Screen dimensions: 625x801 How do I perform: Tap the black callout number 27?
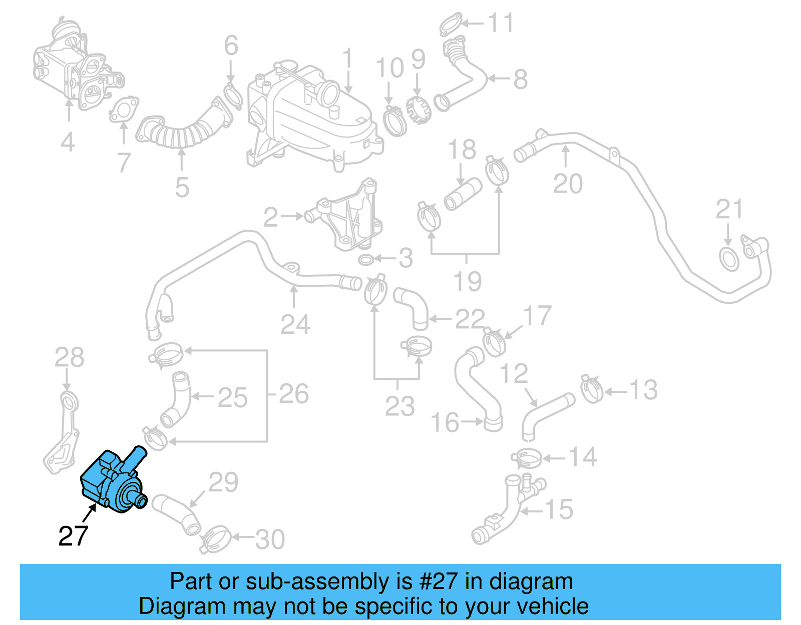(x=73, y=536)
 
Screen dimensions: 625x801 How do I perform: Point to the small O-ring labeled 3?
(x=366, y=260)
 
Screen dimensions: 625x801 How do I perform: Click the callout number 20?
(x=567, y=184)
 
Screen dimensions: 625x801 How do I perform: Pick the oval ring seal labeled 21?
(x=729, y=259)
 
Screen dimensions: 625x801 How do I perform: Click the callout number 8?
(x=521, y=79)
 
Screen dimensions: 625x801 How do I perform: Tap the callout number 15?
(x=559, y=509)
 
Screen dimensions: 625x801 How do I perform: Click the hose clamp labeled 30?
(x=215, y=539)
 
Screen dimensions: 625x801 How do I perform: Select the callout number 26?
(x=294, y=394)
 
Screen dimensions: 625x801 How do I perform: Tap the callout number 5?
(x=182, y=188)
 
